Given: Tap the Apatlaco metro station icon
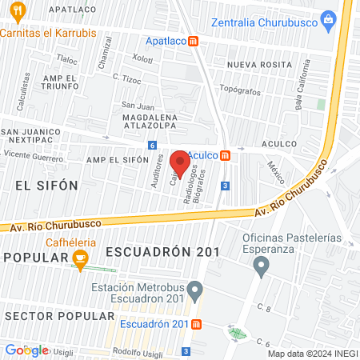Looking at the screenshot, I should pos(194,43).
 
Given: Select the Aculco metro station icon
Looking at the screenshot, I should pos(226,155).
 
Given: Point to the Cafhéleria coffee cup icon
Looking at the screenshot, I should pos(79,258).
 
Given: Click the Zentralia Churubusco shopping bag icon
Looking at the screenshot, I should pos(327,19).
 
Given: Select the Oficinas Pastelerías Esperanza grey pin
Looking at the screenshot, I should pos(260,270).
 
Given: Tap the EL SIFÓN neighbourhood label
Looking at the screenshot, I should pos(46,185).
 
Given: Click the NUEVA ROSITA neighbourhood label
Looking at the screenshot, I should pos(257,64).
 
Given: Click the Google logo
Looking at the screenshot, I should pos(26,350).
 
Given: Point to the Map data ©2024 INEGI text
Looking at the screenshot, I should pos(311,354).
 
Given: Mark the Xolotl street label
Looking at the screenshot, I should pos(142,58).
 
